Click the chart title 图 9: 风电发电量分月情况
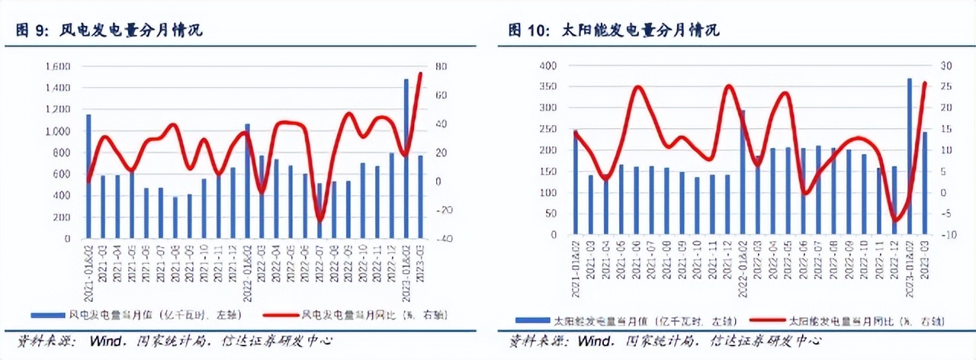(110, 31)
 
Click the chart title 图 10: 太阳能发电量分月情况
(615, 31)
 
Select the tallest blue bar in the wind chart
(406, 159)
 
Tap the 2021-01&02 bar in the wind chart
(88, 176)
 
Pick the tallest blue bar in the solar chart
(910, 156)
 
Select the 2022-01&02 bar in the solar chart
(743, 172)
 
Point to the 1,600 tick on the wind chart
(57, 66)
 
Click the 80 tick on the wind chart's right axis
(440, 66)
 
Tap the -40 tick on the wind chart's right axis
(441, 239)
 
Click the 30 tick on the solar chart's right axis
(942, 66)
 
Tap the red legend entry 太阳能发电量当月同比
(831, 321)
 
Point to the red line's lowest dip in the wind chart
(319, 220)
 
